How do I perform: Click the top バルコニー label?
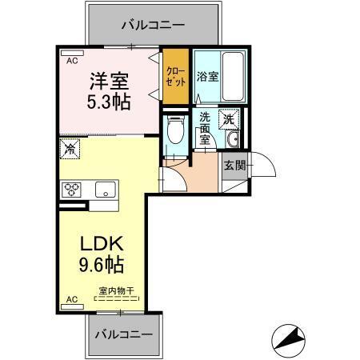pos(153,25)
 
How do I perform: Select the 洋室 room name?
pos(109,81)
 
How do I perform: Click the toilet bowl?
pos(175,132)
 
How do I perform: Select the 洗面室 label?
pos(206,128)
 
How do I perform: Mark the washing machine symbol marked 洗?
pos(230,117)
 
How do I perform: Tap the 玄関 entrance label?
pos(234,166)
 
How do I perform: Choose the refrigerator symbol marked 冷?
pos(70,149)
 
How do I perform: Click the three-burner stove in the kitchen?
pos(73,190)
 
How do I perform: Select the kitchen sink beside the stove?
pos(105,190)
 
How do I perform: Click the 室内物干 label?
pos(116,290)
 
